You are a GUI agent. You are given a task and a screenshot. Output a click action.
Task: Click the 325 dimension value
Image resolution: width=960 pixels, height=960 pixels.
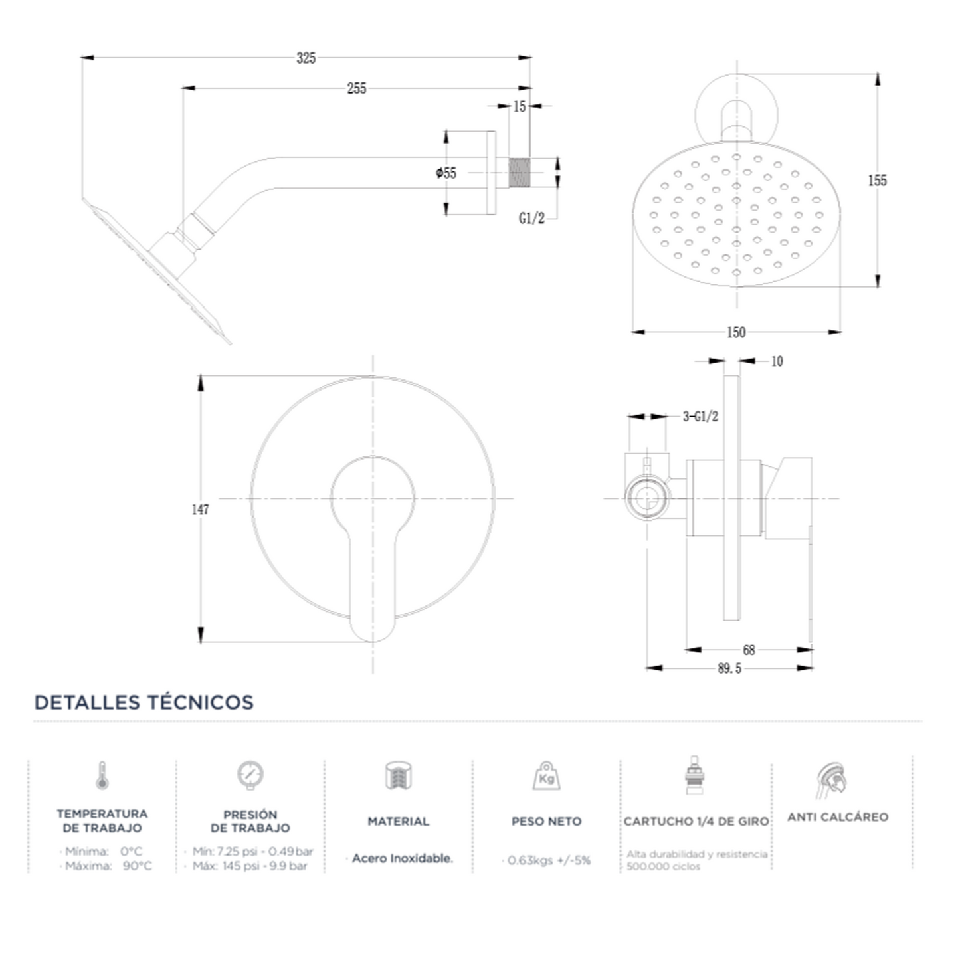pos(306,58)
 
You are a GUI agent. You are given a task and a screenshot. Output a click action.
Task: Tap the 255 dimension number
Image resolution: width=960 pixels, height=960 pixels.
pos(357,88)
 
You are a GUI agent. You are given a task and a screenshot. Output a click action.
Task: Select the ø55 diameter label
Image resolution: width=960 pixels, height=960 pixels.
pos(446,173)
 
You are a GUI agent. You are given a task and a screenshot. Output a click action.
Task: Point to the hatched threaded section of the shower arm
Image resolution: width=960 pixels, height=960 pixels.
pos(519,173)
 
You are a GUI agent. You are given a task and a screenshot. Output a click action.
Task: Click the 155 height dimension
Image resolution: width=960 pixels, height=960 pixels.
pos(878,180)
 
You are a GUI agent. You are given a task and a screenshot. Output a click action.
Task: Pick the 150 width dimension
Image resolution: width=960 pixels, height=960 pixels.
pos(736,332)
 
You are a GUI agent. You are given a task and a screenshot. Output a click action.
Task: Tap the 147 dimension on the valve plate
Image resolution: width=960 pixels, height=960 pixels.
pos(200,510)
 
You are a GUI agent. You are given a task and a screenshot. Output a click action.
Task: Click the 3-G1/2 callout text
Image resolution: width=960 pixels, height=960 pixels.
pos(700,417)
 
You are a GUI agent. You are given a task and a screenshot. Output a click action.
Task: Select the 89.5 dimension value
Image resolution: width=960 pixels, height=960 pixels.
pos(729,668)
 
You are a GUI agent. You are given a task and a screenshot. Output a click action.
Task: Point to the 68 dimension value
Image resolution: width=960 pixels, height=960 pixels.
pos(749,650)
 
